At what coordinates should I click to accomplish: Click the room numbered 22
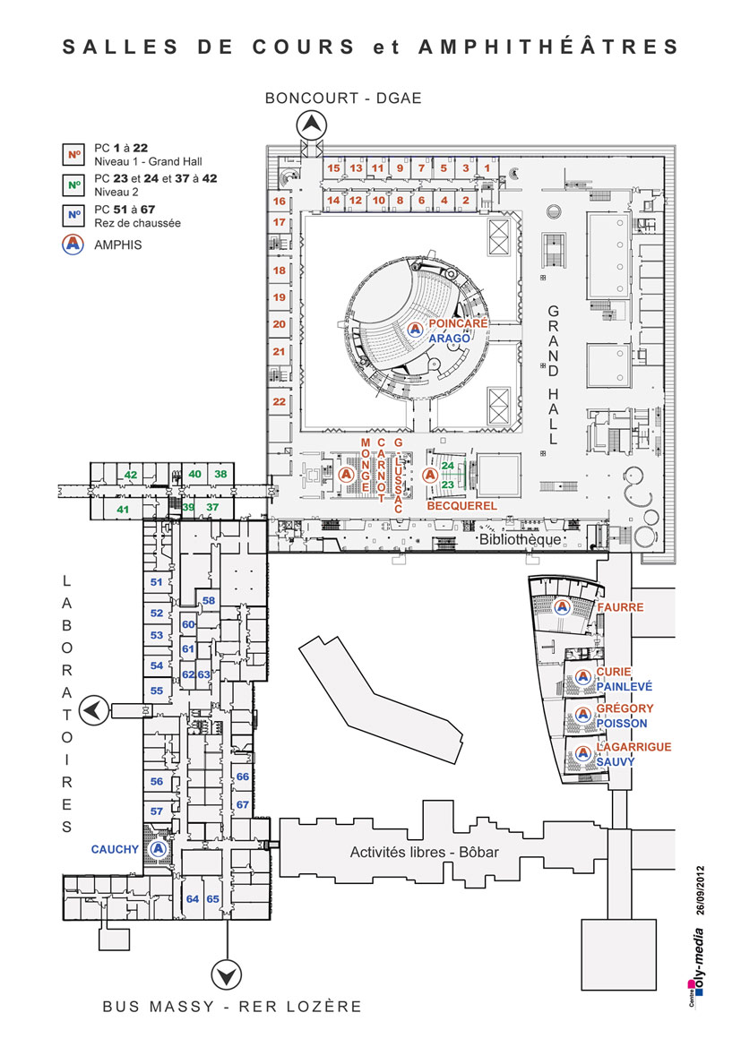[280, 402]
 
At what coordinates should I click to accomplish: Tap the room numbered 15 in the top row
[333, 167]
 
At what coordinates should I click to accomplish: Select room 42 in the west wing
[131, 475]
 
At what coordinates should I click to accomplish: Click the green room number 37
[212, 508]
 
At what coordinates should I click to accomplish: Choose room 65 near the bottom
[213, 898]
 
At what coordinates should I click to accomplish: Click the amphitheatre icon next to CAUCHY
[159, 847]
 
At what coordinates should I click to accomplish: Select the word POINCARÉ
[457, 323]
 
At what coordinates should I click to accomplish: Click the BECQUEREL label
[462, 506]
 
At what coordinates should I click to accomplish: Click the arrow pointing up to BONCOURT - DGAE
[312, 125]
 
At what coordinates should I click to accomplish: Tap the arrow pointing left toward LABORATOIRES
[92, 711]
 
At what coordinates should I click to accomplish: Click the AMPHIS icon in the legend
[73, 244]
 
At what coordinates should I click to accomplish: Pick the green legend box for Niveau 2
[73, 185]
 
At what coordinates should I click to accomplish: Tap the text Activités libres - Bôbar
[424, 852]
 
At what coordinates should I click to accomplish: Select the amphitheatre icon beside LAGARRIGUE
[582, 753]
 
